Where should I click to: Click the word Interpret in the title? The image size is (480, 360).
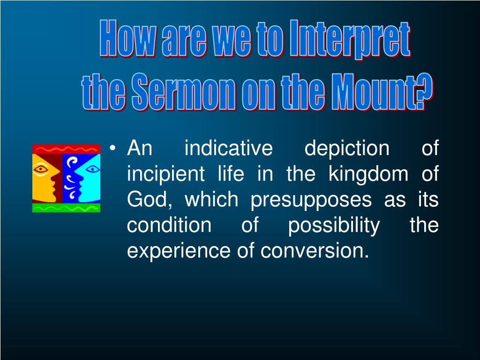tap(350, 39)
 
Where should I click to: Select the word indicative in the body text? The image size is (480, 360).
tap(228, 148)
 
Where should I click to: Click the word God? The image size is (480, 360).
tap(148, 200)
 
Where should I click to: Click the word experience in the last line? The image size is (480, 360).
tap(179, 252)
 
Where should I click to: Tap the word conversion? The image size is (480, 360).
tap(315, 251)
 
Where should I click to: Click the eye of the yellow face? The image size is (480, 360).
tap(41, 169)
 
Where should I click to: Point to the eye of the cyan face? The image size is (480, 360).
tap(92, 169)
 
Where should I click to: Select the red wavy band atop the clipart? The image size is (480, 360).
tap(66, 149)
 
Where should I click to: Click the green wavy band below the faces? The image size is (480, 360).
tap(66, 208)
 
